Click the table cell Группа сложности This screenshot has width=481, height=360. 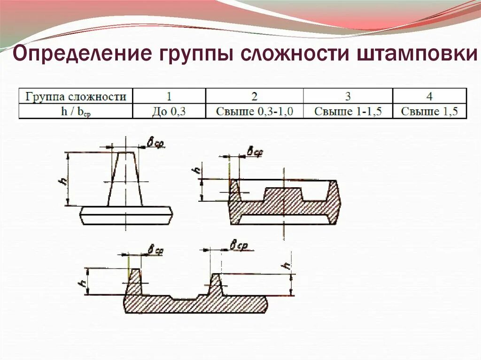point(76,97)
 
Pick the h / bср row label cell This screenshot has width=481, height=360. point(76,112)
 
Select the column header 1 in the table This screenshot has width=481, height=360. point(169,97)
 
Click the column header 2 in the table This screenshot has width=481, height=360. point(254,97)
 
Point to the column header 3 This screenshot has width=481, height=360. point(348,97)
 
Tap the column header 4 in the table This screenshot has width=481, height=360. point(429,97)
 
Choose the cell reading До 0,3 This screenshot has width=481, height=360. point(169,112)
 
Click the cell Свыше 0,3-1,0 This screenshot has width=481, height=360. point(254,112)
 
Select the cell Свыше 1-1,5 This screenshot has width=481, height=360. point(348,112)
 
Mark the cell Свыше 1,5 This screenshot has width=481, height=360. point(429,112)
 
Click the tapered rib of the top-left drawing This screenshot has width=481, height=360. point(125,181)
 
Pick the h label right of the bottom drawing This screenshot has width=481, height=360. point(286,266)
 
